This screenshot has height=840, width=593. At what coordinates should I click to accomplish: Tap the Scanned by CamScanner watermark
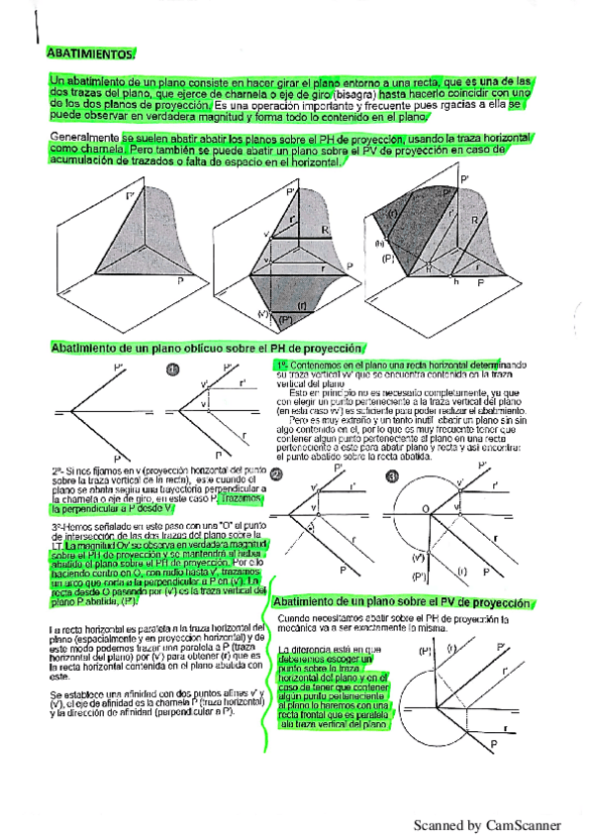486,824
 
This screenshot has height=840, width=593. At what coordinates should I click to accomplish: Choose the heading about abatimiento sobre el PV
404,602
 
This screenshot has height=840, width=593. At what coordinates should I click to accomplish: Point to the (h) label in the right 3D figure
377,244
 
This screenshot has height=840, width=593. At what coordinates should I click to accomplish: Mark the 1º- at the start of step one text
282,366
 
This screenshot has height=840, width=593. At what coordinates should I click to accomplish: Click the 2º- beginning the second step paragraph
57,472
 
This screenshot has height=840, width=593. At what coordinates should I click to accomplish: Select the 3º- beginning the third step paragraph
57,527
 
